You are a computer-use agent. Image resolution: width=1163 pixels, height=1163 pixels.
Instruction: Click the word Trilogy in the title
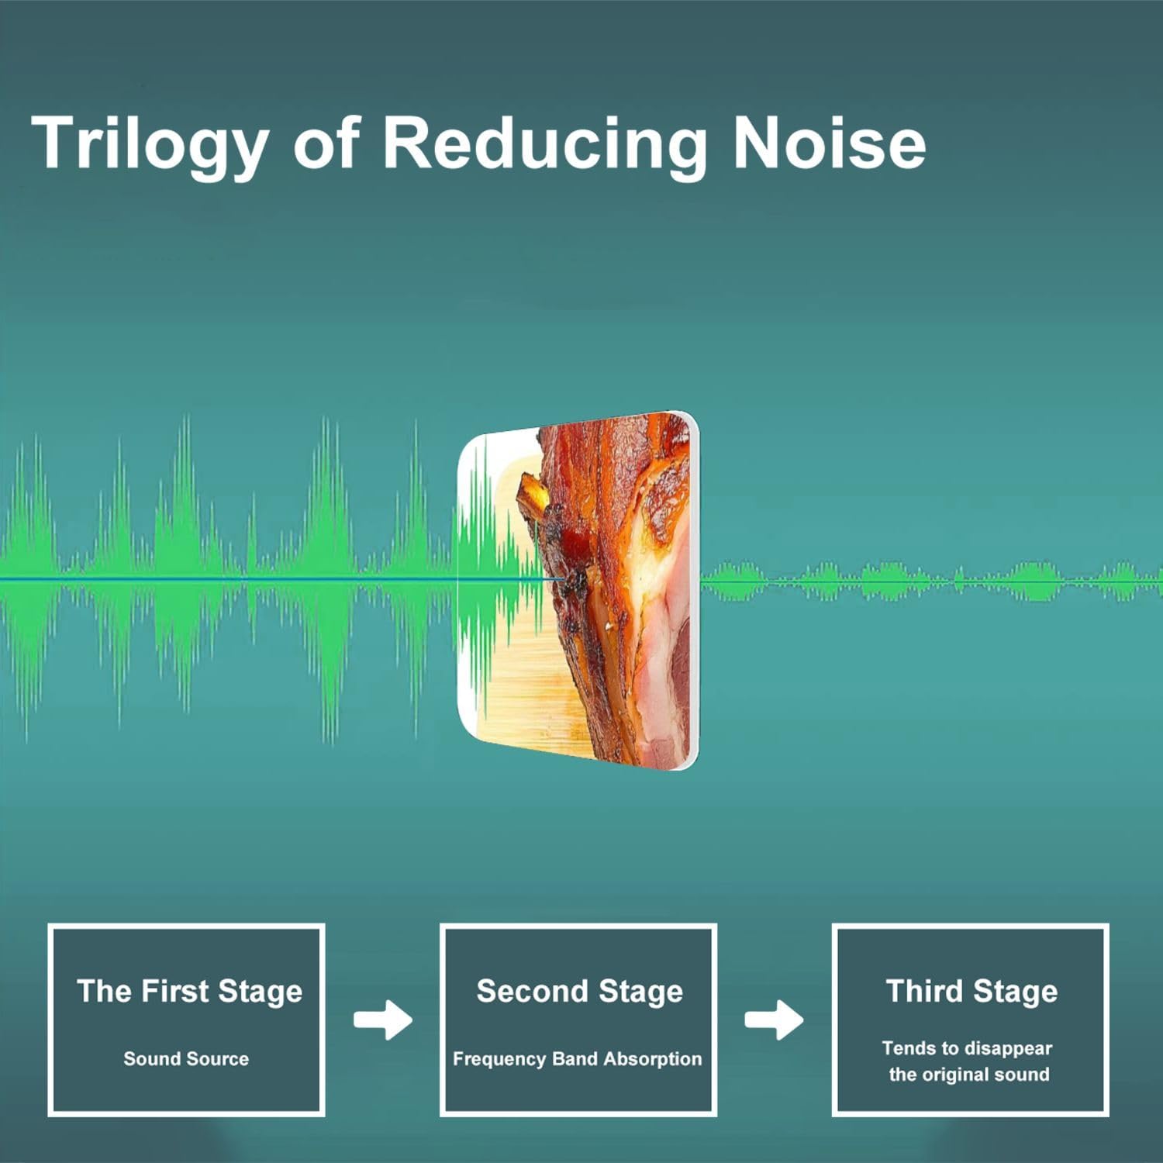pyautogui.click(x=150, y=144)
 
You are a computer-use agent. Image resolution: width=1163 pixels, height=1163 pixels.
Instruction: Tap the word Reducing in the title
pyautogui.click(x=544, y=144)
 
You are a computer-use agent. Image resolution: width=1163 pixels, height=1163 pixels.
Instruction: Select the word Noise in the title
pyautogui.click(x=829, y=143)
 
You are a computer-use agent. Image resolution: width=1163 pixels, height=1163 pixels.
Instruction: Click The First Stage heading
pyautogui.click(x=189, y=992)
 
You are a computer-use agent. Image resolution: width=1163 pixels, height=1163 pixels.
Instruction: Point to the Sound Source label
pyautogui.click(x=186, y=1058)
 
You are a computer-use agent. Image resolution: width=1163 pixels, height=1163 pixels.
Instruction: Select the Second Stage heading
pyautogui.click(x=579, y=992)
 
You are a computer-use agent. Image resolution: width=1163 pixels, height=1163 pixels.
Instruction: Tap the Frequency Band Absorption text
pyautogui.click(x=577, y=1059)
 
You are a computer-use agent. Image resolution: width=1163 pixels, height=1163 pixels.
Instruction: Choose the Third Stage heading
pyautogui.click(x=971, y=992)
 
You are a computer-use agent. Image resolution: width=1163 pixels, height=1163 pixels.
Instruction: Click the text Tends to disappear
pyautogui.click(x=967, y=1048)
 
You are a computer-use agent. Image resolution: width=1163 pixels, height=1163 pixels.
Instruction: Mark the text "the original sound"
pyautogui.click(x=969, y=1075)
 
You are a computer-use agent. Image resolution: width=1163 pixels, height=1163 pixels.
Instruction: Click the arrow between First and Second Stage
pyautogui.click(x=383, y=1020)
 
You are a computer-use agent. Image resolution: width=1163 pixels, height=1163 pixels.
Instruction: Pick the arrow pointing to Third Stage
pyautogui.click(x=774, y=1020)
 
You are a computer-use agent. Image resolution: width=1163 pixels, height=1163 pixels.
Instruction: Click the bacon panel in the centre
pyautogui.click(x=579, y=590)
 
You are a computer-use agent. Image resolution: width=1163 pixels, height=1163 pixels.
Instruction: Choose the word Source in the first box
pyautogui.click(x=220, y=1058)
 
